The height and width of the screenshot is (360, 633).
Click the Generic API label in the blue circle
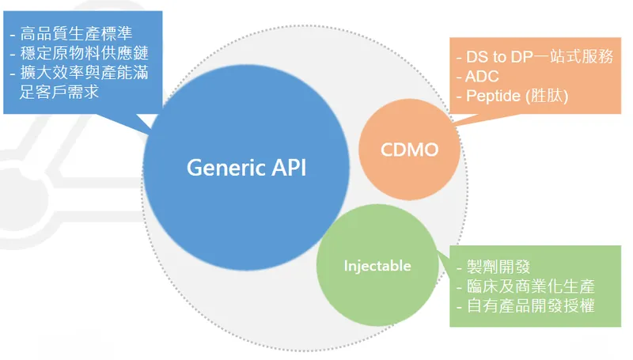pos(245,168)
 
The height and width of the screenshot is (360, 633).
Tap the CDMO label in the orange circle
pos(410,150)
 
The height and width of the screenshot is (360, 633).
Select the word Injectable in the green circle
pos(377,266)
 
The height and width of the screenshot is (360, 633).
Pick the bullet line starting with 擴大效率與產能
pos(79,74)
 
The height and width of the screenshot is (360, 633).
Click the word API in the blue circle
pos(286,168)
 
